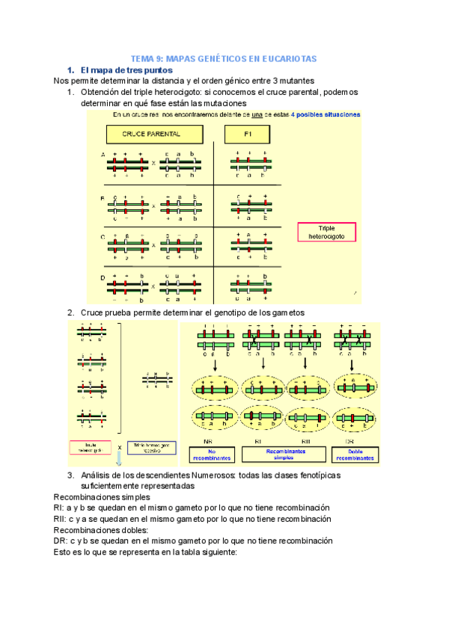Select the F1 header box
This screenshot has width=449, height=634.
click(248, 135)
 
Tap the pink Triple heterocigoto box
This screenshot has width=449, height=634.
click(326, 232)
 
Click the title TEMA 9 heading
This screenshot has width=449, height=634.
click(224, 58)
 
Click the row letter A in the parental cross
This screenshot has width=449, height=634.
click(103, 155)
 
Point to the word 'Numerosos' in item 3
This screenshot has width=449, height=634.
click(216, 475)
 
